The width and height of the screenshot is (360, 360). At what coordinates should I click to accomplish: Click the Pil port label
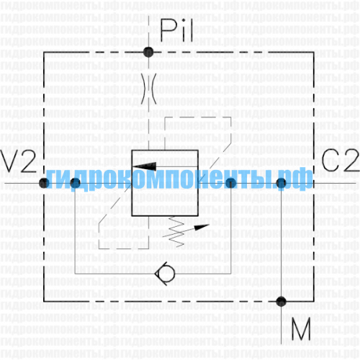tap(176, 30)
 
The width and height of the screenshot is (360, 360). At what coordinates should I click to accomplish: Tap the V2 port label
tap(18, 161)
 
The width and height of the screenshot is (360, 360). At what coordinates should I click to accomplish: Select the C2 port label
tap(341, 160)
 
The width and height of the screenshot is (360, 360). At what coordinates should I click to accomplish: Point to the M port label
tap(301, 329)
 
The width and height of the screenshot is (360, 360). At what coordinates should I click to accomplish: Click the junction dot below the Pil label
tap(148, 52)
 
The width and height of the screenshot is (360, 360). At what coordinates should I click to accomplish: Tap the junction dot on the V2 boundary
tap(44, 183)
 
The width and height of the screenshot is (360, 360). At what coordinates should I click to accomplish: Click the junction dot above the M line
tap(281, 301)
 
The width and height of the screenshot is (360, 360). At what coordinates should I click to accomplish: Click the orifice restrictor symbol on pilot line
tap(149, 89)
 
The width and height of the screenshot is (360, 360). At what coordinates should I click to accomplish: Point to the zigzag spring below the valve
tap(176, 232)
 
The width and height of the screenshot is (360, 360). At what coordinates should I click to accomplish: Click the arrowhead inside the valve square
tap(145, 166)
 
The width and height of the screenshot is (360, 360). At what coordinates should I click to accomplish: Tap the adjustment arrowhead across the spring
tap(202, 227)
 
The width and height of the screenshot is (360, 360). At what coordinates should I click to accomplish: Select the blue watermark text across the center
tap(179, 179)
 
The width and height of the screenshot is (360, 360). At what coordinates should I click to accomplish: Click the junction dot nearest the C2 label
tap(281, 184)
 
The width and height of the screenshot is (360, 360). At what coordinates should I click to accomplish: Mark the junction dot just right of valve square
tap(231, 184)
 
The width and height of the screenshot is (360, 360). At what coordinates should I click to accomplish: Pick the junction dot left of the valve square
tap(76, 183)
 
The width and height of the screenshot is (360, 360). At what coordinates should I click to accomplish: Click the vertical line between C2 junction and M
tap(281, 243)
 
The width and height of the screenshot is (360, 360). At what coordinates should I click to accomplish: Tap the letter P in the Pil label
tap(170, 30)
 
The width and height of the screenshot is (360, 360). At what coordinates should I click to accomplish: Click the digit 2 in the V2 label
tap(28, 161)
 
